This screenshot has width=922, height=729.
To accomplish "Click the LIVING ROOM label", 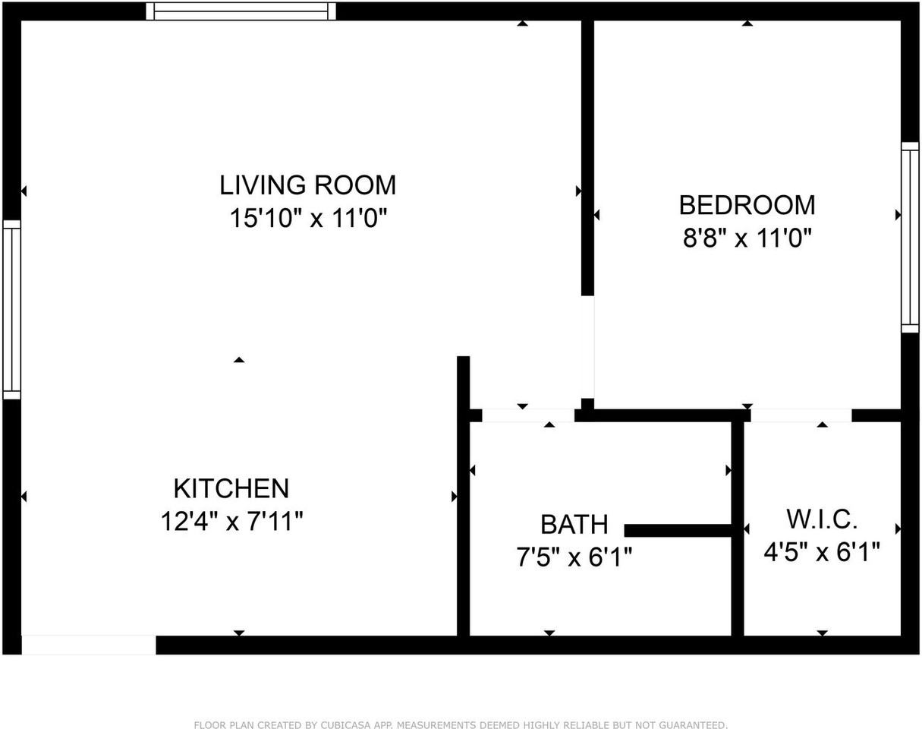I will (307, 185).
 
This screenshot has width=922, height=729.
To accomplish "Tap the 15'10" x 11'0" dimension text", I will (308, 219).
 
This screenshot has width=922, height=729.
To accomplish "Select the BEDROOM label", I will (747, 205).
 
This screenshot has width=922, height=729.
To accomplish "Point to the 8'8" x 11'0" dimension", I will (747, 239).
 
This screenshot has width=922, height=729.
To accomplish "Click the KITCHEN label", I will (231, 488).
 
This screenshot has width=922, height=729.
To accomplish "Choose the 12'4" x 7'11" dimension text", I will (231, 522).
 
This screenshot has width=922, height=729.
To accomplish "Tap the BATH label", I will (574, 524).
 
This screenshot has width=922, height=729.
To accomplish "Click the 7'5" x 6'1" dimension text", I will (574, 558).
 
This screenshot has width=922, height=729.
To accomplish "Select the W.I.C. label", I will (822, 519).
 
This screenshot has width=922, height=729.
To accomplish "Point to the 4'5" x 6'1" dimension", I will (822, 552).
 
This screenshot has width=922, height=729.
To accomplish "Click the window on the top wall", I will (241, 11).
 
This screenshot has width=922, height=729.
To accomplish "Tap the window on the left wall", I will (11, 309).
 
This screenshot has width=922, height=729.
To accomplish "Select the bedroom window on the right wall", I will (910, 237).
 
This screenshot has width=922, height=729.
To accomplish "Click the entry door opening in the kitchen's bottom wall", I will (89, 645).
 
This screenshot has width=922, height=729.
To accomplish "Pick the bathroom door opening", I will (528, 415).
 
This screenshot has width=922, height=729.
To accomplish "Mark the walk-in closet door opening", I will (801, 415).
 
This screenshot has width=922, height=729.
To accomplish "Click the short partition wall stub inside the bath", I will (678, 530).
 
